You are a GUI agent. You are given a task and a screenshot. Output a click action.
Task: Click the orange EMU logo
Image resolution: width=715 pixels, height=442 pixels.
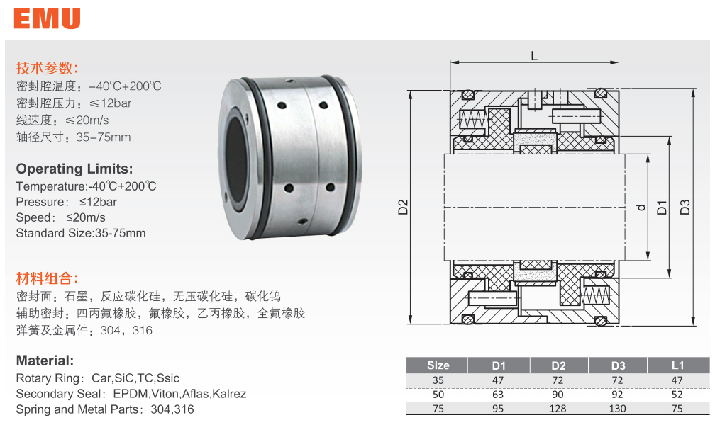tap(47, 18)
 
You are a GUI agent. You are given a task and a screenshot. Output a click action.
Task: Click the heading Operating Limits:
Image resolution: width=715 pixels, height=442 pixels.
tap(74, 169)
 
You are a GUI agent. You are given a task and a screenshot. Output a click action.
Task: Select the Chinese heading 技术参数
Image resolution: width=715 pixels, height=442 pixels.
tap(47, 69)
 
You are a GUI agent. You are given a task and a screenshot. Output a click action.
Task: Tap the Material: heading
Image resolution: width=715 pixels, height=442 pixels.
tap(45, 361)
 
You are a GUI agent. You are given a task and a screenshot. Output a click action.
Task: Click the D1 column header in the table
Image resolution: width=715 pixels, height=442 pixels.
tap(499, 365)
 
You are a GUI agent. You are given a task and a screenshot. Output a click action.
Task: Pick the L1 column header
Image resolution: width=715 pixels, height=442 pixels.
tap(678, 365)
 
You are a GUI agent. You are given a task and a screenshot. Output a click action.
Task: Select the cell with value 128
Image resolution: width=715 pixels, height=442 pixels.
tap(558, 408)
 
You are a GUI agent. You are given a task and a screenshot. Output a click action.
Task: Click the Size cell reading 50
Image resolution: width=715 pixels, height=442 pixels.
tap(438, 394)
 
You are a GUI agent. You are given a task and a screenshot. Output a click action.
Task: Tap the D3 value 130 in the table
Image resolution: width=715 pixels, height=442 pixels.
tap(618, 408)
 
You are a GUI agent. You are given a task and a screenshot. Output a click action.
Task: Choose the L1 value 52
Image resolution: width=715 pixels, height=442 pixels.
tap(678, 394)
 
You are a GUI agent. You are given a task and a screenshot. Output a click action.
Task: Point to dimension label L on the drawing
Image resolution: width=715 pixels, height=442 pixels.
tap(533, 55)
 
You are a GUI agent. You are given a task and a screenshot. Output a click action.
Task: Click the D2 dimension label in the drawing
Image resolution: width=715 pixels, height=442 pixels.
tap(402, 208)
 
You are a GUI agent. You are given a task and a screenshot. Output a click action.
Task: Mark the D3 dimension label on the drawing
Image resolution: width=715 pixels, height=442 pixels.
tap(685, 208)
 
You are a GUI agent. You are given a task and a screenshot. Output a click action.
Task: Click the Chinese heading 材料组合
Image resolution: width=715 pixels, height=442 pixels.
tap(47, 278)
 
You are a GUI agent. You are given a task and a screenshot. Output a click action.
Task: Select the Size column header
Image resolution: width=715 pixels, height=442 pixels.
tap(438, 365)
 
